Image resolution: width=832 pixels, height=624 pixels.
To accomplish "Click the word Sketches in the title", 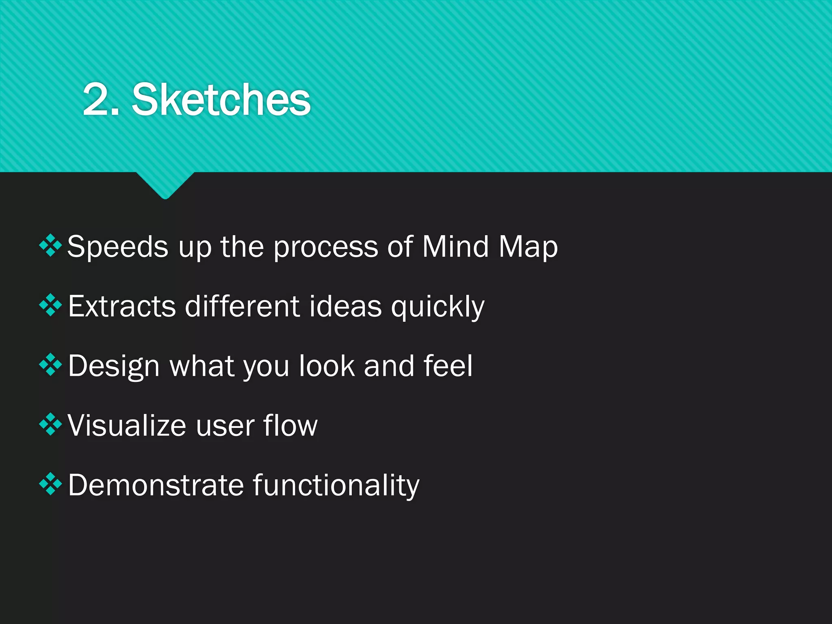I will point(221,100).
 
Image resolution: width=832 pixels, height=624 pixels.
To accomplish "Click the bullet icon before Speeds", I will point(50,245).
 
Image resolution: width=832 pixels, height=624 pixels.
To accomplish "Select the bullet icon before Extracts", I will point(50,305).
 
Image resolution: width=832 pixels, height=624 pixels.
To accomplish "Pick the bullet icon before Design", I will point(50,364).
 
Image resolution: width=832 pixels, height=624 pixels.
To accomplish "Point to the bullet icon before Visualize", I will point(50,424).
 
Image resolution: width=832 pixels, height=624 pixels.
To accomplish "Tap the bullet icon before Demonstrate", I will point(50,483).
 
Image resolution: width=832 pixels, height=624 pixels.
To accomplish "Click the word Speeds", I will point(117,247).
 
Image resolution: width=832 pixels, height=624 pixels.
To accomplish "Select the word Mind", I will point(455,247).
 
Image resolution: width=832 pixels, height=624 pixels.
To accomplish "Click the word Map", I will point(528,247).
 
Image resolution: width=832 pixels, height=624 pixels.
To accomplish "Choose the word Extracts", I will point(122,306).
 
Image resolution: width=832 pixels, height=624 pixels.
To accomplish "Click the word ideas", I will point(346,306).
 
